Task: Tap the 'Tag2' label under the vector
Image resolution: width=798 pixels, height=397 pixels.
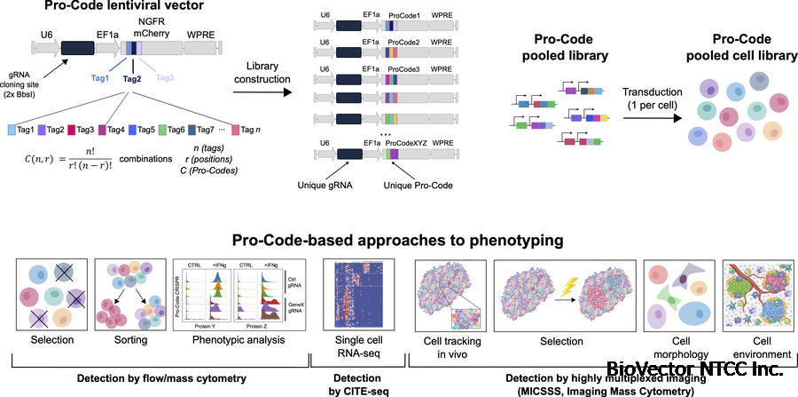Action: (132, 79)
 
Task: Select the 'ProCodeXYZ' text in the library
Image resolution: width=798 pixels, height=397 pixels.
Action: (411, 141)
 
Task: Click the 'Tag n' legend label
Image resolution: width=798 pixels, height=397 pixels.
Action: (251, 131)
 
